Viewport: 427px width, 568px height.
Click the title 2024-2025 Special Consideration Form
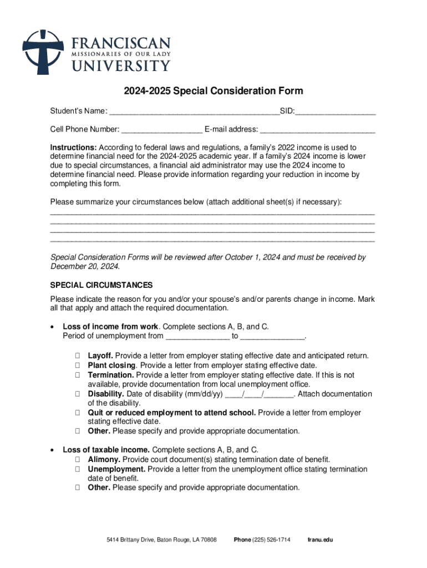213,91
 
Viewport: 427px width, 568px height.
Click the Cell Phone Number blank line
162,130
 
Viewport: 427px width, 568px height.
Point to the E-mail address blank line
317,130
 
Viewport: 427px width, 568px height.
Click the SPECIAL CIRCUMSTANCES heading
101,285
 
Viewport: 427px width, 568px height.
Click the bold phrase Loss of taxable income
106,450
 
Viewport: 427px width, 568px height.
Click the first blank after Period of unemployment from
197,336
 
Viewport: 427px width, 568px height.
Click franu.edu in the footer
320,540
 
